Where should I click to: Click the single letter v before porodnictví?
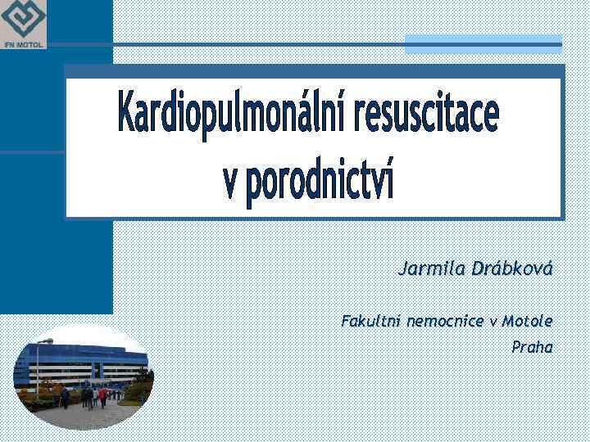pos(232,182)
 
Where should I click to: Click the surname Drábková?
pos(512,269)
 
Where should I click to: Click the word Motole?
pos(527,321)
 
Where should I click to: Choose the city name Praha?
pos(532,347)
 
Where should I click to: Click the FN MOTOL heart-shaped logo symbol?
pos(24,20)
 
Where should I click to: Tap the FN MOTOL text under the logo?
pos(24,44)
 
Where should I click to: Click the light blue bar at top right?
pos(483,45)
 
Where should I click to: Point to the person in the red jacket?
pos(102,396)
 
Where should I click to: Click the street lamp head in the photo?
pos(48,341)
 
